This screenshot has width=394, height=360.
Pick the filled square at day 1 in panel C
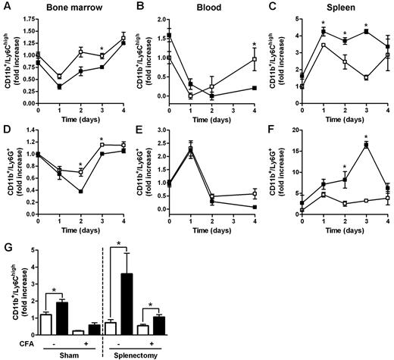[x=324, y=32]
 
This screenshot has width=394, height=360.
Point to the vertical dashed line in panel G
[x=103, y=296]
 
